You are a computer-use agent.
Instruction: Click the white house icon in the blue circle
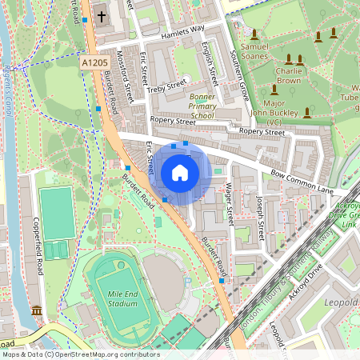(x=180, y=173)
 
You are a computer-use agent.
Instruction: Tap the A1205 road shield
(x=94, y=62)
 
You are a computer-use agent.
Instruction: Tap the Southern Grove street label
(x=242, y=72)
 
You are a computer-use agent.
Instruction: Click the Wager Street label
(x=229, y=202)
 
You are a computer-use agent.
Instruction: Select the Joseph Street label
(x=260, y=218)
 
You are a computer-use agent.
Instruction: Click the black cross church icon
(x=102, y=15)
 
